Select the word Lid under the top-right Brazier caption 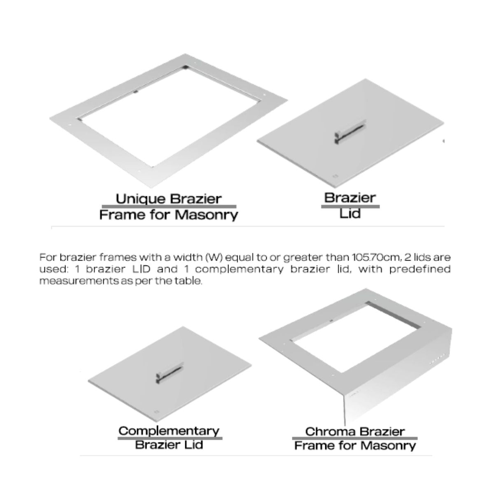coord(350,213)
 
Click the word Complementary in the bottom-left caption coord(169,431)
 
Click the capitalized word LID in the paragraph coord(141,269)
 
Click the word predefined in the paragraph coord(420,269)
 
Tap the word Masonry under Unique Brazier coord(206,215)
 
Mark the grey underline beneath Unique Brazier coord(169,206)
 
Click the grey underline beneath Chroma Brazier coord(354,438)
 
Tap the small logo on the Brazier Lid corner coord(335,176)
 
